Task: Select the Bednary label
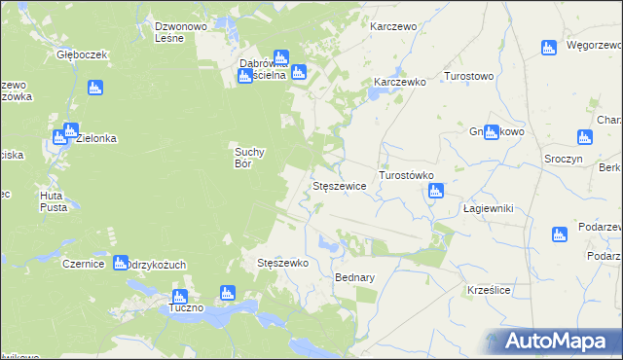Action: tap(354, 277)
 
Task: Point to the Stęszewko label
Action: tap(282, 263)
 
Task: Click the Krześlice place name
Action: tap(489, 290)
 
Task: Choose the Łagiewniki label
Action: tap(488, 209)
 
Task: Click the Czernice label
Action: tap(83, 264)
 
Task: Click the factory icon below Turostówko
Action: tap(435, 192)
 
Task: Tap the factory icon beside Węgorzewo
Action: tap(548, 47)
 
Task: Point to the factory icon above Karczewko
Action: tap(373, 94)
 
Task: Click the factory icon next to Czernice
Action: tap(120, 263)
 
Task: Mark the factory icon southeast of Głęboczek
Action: tap(94, 89)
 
